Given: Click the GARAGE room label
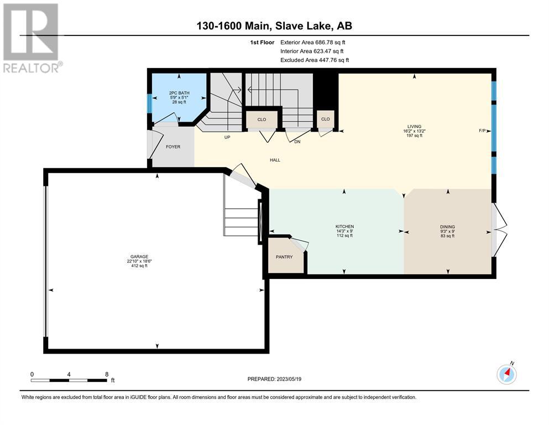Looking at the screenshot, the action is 139,256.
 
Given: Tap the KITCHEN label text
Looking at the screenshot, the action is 345,227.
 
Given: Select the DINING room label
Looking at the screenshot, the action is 447,227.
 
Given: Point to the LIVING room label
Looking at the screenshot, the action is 414,127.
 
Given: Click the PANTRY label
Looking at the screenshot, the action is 284,257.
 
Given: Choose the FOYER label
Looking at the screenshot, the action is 173,147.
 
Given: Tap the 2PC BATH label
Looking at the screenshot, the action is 179,93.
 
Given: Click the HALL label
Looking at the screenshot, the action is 275,160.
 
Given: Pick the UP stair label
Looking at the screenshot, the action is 227,137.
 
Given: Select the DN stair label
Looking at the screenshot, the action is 297,142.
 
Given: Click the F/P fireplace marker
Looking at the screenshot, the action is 482,131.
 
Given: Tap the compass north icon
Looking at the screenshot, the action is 506,374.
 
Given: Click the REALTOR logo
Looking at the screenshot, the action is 32,38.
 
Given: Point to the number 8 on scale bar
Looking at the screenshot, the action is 107,374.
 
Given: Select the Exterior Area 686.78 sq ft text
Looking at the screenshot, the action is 313,43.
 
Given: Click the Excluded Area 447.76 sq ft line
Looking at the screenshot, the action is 315,60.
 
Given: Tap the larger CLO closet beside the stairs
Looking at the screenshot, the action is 262,120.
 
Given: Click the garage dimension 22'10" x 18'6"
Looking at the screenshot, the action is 139,261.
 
